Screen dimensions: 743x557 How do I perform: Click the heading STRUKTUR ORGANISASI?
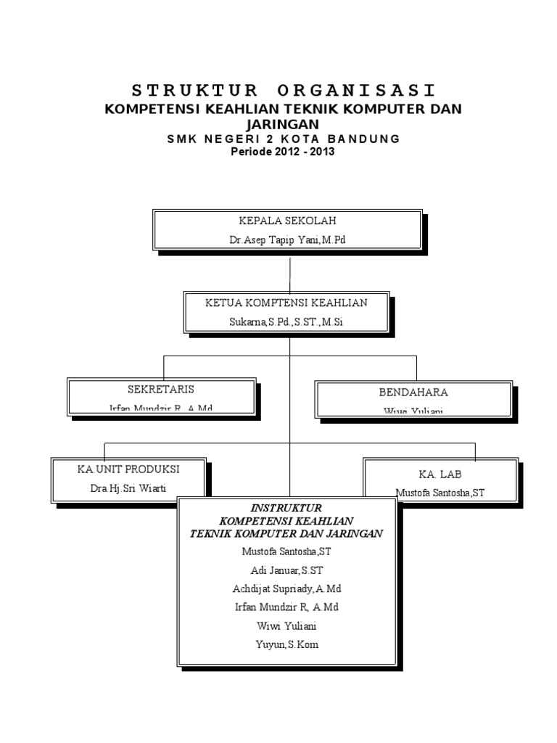pyautogui.click(x=284, y=91)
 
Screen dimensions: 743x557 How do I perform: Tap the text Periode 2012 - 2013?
pyautogui.click(x=283, y=152)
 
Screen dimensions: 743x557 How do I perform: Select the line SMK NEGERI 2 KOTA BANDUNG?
pyautogui.click(x=283, y=139)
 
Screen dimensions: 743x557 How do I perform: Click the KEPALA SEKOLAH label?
pyautogui.click(x=288, y=221)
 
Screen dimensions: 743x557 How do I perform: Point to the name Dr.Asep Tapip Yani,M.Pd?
pyautogui.click(x=288, y=240)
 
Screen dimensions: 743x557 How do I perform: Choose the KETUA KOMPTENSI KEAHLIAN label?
pyautogui.click(x=286, y=303)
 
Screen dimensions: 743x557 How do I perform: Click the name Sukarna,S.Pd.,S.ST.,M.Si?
pyautogui.click(x=286, y=321)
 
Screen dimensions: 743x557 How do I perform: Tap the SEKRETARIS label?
pyautogui.click(x=161, y=390)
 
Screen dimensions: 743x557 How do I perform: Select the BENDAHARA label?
pyautogui.click(x=413, y=392)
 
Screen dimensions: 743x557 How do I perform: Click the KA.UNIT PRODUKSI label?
pyautogui.click(x=128, y=469)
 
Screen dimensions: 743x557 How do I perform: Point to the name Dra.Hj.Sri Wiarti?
pyautogui.click(x=128, y=488)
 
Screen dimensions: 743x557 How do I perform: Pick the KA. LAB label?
pyautogui.click(x=440, y=474)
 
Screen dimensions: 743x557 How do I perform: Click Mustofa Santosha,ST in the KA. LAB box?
pyautogui.click(x=440, y=493)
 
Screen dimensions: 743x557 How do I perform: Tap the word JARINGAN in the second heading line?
pyautogui.click(x=283, y=124)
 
